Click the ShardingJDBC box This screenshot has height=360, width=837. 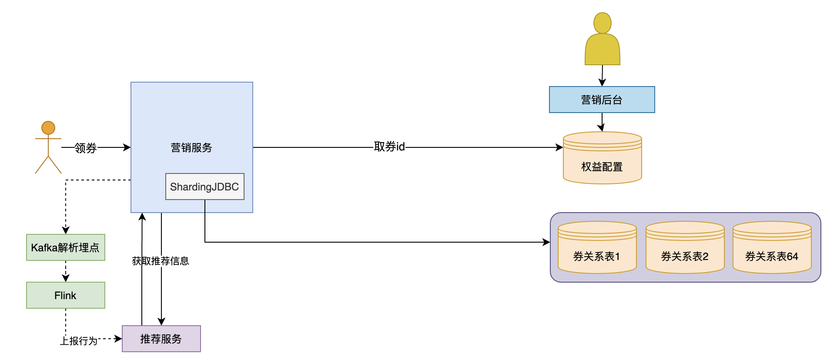click(204, 187)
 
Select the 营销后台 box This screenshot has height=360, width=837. click(602, 100)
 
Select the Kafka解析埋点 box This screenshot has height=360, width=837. click(65, 247)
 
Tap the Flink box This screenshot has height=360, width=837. click(65, 295)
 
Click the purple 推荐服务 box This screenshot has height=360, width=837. click(161, 339)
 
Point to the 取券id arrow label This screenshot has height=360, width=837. click(389, 147)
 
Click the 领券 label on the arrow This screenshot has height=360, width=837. click(85, 148)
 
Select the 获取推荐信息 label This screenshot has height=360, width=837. click(161, 261)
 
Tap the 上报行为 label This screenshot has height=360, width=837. click(79, 341)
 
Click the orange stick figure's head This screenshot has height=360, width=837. click(48, 128)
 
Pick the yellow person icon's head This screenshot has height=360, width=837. click(603, 23)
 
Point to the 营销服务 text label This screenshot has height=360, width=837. click(191, 148)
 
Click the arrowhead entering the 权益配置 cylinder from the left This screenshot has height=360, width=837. click(559, 147)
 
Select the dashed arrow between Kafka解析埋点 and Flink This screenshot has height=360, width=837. click(66, 271)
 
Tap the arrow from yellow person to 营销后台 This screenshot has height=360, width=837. click(602, 76)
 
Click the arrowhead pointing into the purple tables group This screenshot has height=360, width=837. click(546, 242)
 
